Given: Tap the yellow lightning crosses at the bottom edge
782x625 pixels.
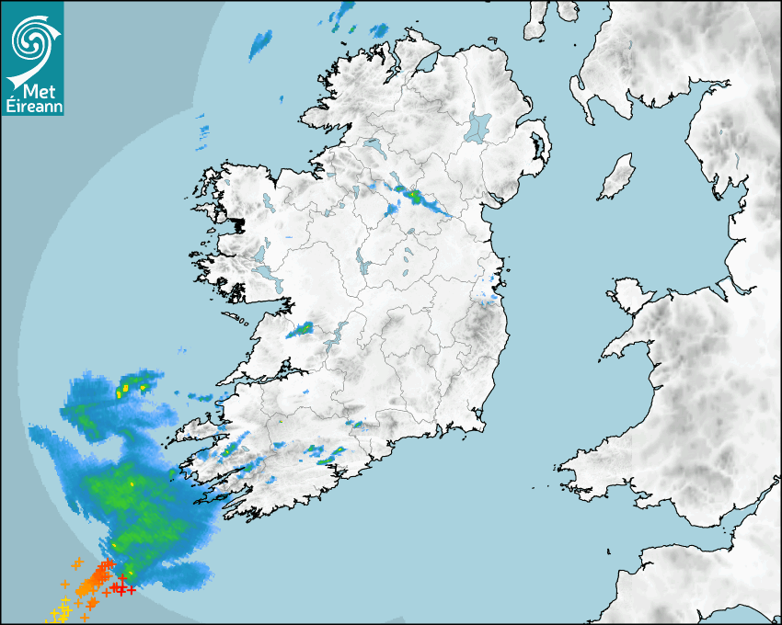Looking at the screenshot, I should tap(63, 609).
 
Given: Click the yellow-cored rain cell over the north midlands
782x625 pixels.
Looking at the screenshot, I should tap(415, 196).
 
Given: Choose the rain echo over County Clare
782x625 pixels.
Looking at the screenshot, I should tap(300, 328).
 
